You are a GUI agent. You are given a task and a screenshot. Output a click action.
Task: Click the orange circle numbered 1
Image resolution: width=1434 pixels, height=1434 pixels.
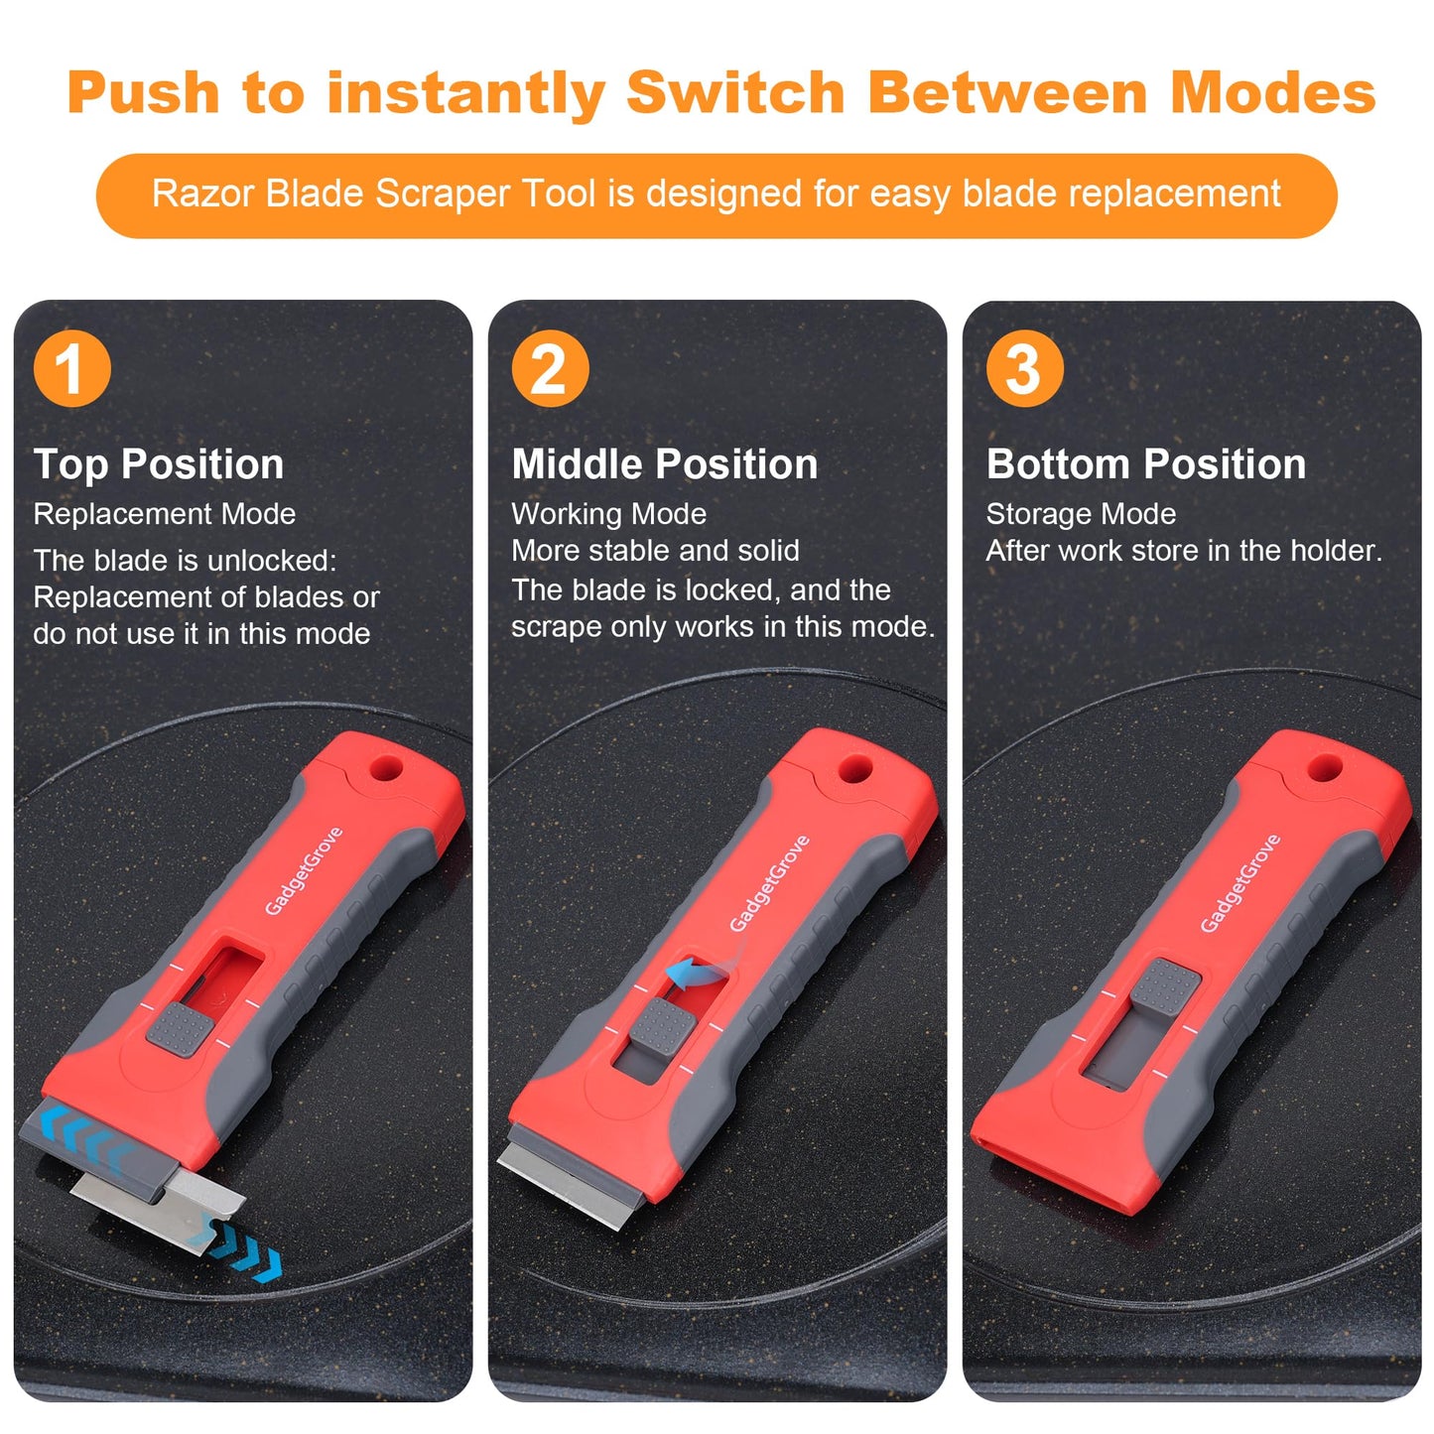pyautogui.click(x=72, y=367)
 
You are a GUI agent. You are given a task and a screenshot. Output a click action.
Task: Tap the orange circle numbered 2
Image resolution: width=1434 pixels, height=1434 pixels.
pyautogui.click(x=550, y=367)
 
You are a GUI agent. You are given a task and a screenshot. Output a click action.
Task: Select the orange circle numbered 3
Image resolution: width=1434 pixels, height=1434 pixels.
pyautogui.click(x=1025, y=367)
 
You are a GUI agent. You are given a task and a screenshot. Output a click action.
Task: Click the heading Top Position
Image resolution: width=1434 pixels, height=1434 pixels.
pyautogui.click(x=159, y=465)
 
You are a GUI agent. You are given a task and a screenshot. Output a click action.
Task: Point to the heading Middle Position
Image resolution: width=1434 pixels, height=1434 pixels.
pyautogui.click(x=665, y=464)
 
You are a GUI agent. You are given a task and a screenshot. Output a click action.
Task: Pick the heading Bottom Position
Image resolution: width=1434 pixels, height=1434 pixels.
pyautogui.click(x=1146, y=464)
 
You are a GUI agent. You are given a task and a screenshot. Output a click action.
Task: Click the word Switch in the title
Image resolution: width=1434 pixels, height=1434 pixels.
pyautogui.click(x=735, y=92)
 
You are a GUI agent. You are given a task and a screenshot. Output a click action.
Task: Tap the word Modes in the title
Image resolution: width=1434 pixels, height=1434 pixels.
pyautogui.click(x=1272, y=92)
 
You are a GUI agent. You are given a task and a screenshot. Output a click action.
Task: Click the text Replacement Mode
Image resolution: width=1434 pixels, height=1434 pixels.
pyautogui.click(x=165, y=514)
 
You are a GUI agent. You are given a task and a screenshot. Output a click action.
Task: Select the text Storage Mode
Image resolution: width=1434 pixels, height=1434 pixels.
pyautogui.click(x=1082, y=514)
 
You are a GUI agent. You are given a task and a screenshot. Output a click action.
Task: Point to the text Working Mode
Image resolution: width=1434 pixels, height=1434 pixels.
pyautogui.click(x=608, y=514)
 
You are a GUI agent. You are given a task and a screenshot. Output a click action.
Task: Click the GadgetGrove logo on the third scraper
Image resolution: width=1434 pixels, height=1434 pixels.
pyautogui.click(x=1240, y=882)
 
